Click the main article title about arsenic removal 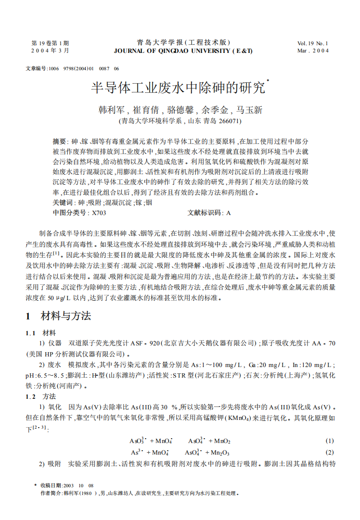178,88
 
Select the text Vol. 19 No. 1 313,43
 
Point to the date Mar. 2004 313,51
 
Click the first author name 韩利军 109,110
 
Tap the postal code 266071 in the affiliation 229,121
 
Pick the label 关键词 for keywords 62,203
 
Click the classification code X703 99,212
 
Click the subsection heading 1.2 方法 40,396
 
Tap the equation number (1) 330,441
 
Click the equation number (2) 330,452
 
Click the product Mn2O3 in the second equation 220,452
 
